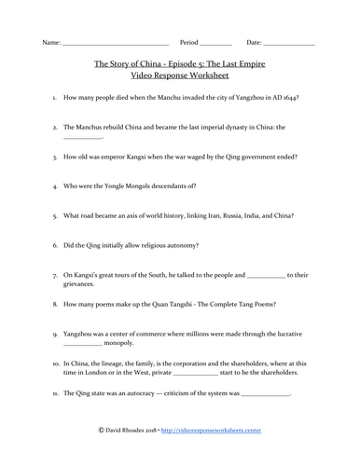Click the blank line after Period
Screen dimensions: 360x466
[x=216, y=44]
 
